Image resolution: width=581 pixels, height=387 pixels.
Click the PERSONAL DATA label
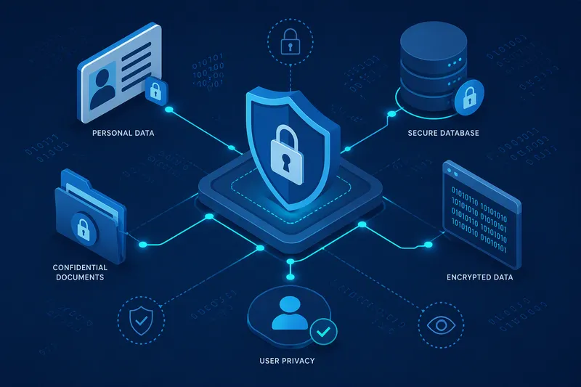(x=123, y=133)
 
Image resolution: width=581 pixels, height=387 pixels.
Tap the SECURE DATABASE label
(x=443, y=133)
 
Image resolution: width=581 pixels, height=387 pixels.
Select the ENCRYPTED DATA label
(x=479, y=277)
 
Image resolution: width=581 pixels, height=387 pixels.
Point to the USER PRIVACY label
(x=287, y=361)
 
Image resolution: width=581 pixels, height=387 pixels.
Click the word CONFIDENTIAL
(x=80, y=267)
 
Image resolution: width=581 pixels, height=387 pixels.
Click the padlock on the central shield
(x=286, y=155)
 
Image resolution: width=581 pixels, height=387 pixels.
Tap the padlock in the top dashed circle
(x=290, y=41)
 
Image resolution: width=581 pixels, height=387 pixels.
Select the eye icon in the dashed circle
(x=441, y=325)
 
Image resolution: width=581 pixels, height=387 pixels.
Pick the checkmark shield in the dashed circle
(x=141, y=320)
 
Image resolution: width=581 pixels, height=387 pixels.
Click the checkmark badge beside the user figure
(x=323, y=331)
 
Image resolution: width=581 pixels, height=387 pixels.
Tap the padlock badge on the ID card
(x=155, y=90)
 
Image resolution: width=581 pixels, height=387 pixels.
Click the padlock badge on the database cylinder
(x=469, y=97)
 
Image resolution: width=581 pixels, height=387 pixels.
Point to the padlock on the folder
(x=84, y=229)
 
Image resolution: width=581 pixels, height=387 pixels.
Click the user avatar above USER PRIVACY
(x=290, y=313)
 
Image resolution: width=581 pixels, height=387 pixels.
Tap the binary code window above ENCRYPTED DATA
(x=482, y=215)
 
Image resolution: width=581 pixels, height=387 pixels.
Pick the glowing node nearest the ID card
(x=169, y=110)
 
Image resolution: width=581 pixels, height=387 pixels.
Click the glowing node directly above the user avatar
(x=290, y=277)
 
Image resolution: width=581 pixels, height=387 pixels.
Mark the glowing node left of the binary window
(x=428, y=245)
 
